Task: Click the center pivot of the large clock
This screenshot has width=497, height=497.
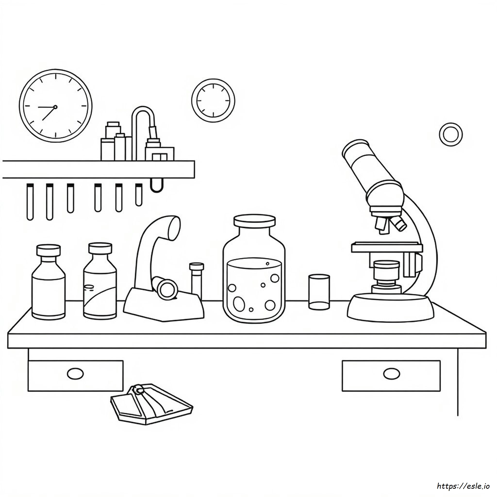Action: [55, 107]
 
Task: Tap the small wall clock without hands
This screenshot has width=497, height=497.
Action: [213, 100]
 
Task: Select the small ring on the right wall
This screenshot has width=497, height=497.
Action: [451, 134]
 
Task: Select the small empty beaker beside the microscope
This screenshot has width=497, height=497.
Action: [319, 292]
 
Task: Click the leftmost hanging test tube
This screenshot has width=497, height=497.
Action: [30, 202]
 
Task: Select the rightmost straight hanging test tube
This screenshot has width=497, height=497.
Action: [139, 195]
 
